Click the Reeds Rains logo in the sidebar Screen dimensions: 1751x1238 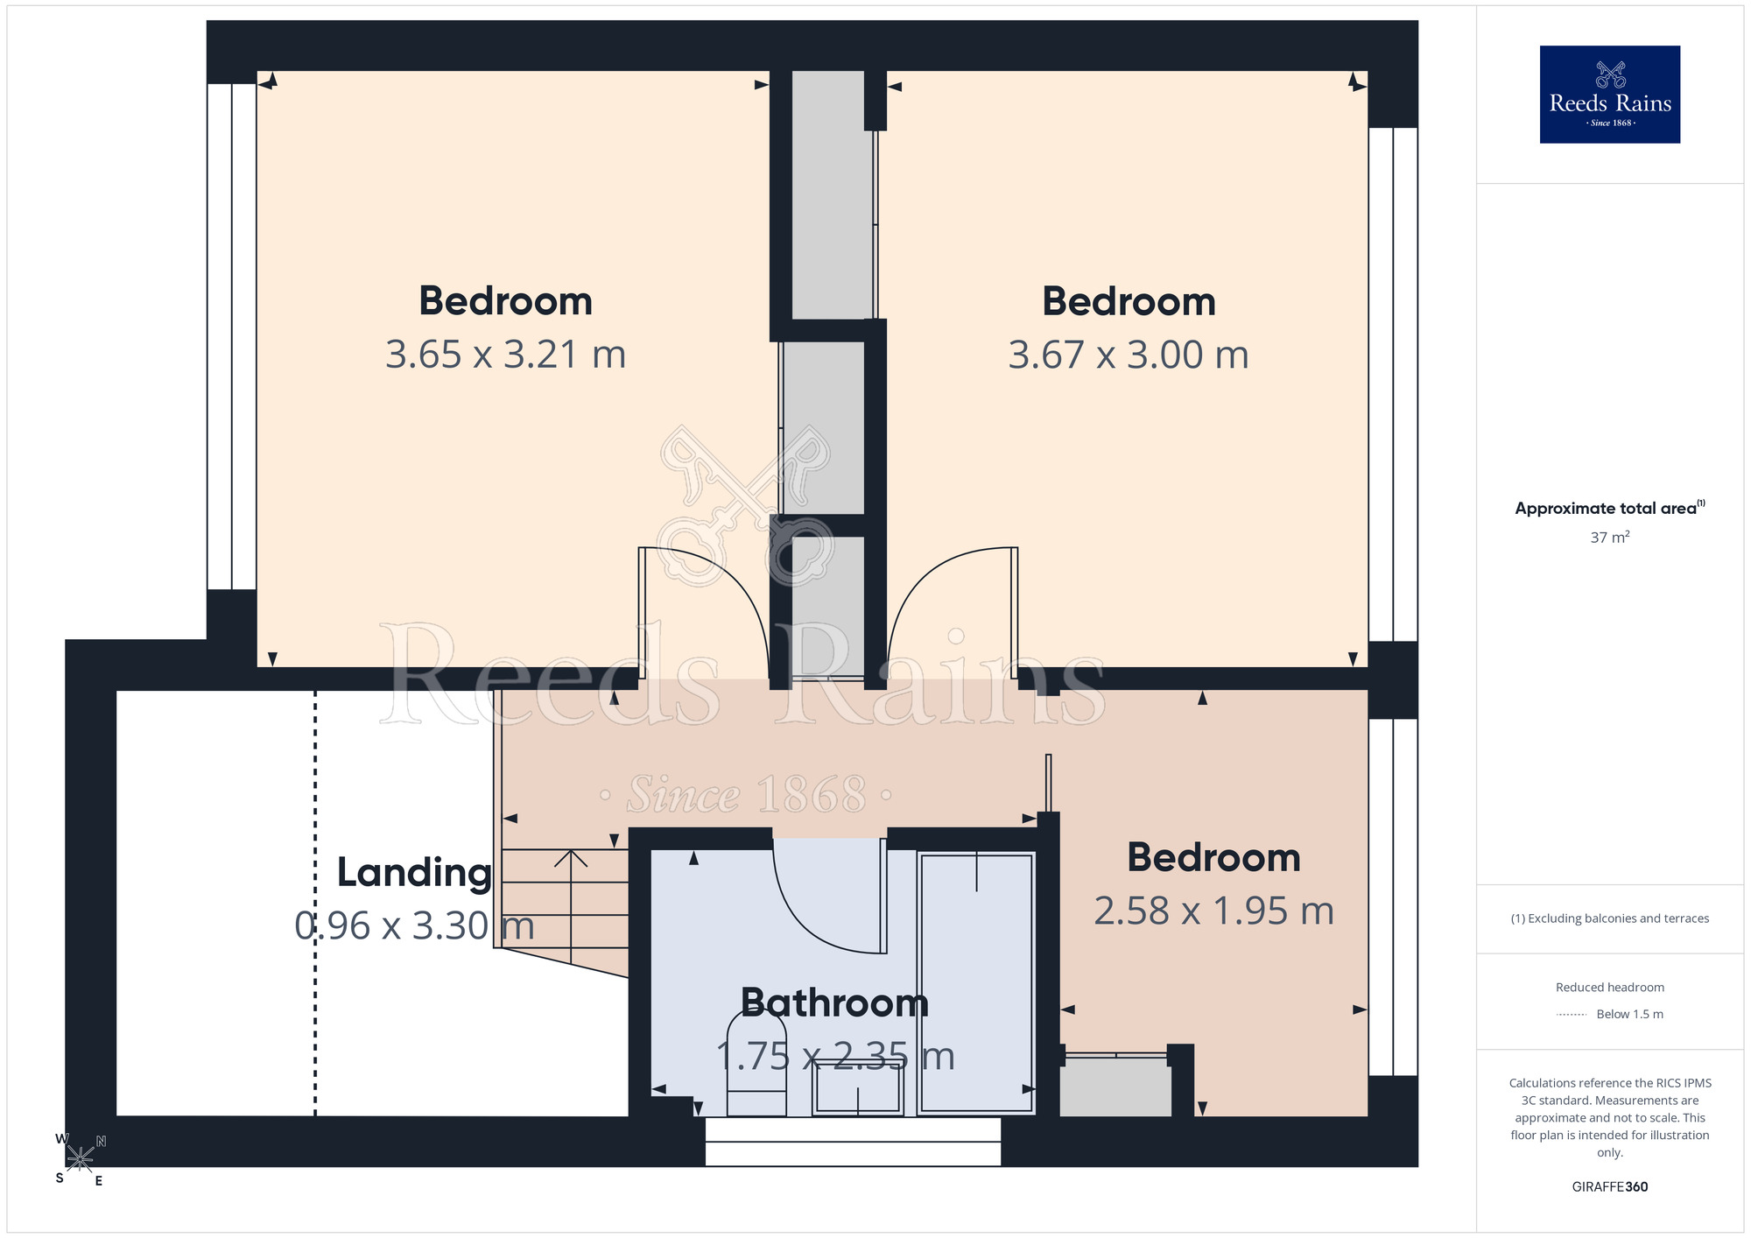coord(1609,95)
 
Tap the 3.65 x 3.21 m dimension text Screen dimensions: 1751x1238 coord(506,355)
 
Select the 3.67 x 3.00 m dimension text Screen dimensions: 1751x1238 coord(1129,355)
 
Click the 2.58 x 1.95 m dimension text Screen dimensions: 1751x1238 coord(1214,911)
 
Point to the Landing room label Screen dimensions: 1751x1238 coord(414,873)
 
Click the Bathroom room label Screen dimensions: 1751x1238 coord(834,1002)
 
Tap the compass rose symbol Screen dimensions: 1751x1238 coord(80,1159)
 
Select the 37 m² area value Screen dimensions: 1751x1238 coord(1610,537)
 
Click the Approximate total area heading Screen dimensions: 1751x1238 coord(1610,508)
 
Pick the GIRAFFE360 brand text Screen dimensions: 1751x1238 coord(1610,1187)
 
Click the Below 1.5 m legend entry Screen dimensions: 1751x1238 coord(1610,1014)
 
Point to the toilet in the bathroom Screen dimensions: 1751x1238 coord(756,1065)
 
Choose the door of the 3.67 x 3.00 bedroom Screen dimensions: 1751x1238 coord(953,613)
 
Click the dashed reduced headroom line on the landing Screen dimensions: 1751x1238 coord(315,903)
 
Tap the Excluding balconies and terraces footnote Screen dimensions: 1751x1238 coord(1610,918)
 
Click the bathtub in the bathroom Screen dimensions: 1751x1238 coord(977,983)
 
